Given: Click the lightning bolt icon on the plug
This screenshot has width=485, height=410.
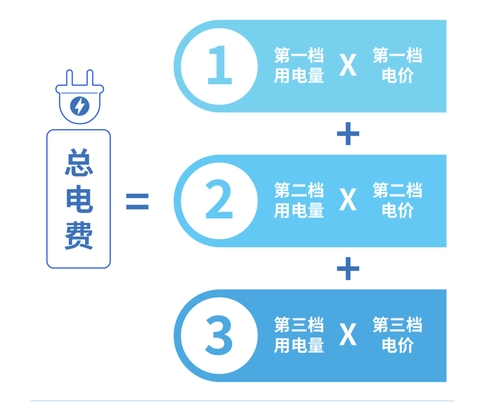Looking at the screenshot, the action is point(80,106).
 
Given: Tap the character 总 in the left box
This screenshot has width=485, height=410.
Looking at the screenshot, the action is point(79,162).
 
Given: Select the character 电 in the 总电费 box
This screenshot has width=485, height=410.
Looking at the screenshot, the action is point(79,199).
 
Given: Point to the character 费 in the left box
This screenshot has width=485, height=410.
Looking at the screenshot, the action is point(79,236).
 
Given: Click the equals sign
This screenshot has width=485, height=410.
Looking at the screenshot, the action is point(137,201).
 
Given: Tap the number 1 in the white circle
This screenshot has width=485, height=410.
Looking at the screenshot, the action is point(220,65).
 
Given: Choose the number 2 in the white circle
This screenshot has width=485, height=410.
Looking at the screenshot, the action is point(219,199).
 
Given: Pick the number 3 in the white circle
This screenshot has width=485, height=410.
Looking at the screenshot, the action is point(219,335).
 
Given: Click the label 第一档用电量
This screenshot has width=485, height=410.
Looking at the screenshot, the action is point(299,65).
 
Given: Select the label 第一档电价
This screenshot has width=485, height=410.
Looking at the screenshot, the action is point(397,65).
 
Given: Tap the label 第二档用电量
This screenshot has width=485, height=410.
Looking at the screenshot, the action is point(299,200).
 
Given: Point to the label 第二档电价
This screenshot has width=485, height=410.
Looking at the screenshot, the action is point(397,200).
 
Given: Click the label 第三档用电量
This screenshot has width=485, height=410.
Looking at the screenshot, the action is point(299,335).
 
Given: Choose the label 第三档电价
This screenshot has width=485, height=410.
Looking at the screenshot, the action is point(397,335).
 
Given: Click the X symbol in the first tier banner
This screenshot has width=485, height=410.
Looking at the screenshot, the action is point(348,65).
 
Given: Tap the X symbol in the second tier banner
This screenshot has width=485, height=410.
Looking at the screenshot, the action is point(348,200).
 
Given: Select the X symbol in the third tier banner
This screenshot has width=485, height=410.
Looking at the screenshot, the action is point(348,334).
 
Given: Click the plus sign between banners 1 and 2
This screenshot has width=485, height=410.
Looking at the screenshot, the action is point(348,134).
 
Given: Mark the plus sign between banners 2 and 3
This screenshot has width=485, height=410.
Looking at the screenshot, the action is point(348,269).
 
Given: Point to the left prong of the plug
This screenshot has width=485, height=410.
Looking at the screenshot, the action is point(69,78).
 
